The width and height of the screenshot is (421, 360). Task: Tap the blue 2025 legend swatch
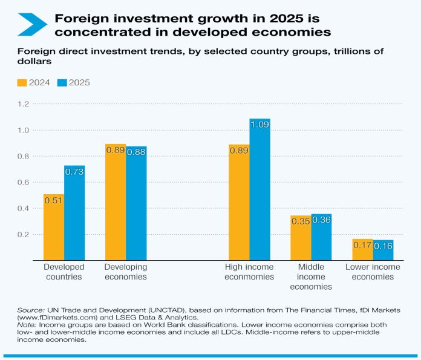coord(61,82)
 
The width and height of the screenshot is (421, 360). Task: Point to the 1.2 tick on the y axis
coord(22,104)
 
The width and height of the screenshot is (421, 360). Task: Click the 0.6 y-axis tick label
coord(22,182)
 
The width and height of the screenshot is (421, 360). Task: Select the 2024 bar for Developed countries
coord(54,227)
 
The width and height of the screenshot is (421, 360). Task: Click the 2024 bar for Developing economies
coord(116,202)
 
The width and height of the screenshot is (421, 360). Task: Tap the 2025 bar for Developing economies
coord(136,203)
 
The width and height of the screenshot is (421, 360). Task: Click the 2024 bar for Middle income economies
coord(301,238)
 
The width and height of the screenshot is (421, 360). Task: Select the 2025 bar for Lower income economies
coord(383,250)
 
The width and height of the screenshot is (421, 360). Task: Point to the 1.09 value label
coord(259,125)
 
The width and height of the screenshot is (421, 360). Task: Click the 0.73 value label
coord(74,172)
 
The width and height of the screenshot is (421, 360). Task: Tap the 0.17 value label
coord(362,245)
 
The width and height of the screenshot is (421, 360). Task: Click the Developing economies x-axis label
coord(126,272)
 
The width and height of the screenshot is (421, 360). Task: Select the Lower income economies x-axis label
coord(373,272)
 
